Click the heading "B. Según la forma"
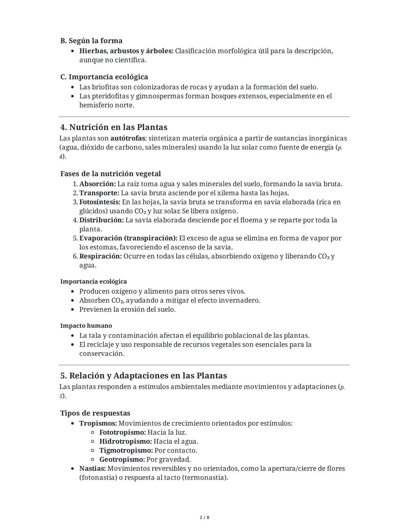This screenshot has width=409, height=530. click(91, 41)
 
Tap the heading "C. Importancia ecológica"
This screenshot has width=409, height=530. click(104, 77)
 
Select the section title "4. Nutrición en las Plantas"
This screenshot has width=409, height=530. click(114, 127)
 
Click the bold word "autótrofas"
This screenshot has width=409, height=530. click(128, 138)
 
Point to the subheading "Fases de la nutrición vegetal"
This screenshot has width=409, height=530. click(111, 174)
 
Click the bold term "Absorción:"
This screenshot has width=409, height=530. click(97, 184)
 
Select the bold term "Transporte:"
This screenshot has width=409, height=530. click(99, 193)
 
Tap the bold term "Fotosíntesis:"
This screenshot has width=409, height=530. click(100, 202)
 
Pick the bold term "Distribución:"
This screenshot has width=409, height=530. click(101, 220)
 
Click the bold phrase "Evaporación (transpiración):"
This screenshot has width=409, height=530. click(128, 238)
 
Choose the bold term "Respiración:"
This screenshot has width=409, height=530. click(100, 256)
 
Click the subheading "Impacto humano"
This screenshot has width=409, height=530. click(86, 326)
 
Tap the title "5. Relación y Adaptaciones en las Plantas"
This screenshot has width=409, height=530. click(144, 376)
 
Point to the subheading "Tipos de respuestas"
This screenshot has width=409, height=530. click(95, 413)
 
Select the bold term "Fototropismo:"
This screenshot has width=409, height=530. click(122, 432)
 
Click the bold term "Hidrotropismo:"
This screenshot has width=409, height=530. click(125, 442)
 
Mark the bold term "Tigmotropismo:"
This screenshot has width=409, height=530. click(126, 450)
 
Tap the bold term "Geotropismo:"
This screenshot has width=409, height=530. click(122, 459)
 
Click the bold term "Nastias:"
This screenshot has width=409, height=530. click(92, 469)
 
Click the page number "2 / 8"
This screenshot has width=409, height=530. click(204, 517)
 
